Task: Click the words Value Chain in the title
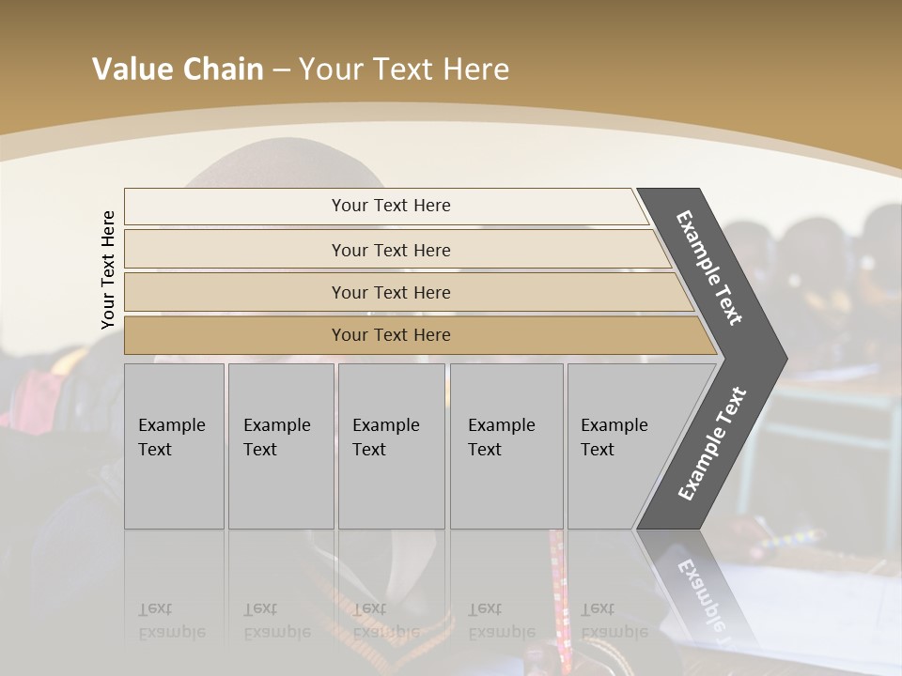point(178,69)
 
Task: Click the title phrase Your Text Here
point(404,69)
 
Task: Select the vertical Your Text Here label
point(108,269)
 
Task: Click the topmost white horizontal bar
point(235,207)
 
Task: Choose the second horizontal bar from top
point(235,250)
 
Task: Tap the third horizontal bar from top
point(235,292)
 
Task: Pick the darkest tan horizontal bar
point(235,335)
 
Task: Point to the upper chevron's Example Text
point(709,268)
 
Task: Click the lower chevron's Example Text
point(712,444)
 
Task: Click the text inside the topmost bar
point(391,206)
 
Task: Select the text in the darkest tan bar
point(391,335)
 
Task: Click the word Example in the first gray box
point(171,425)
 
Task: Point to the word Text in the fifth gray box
point(597,450)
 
